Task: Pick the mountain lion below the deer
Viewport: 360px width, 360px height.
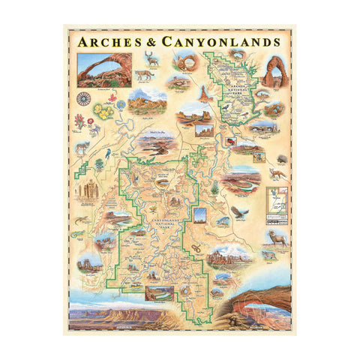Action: point(145,76)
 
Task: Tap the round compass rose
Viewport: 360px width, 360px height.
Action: point(84,97)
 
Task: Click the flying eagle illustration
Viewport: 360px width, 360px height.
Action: point(238,213)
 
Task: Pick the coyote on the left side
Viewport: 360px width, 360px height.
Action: point(82,147)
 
